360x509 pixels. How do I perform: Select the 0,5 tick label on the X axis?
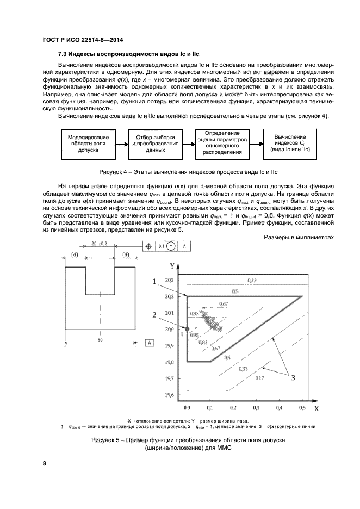[301, 407]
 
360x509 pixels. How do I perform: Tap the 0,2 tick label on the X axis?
[233, 407]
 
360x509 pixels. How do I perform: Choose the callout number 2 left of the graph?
[154, 315]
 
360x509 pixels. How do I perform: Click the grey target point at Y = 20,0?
[187, 329]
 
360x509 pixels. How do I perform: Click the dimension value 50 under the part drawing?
[100, 340]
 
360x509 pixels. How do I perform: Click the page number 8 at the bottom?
[44, 464]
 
